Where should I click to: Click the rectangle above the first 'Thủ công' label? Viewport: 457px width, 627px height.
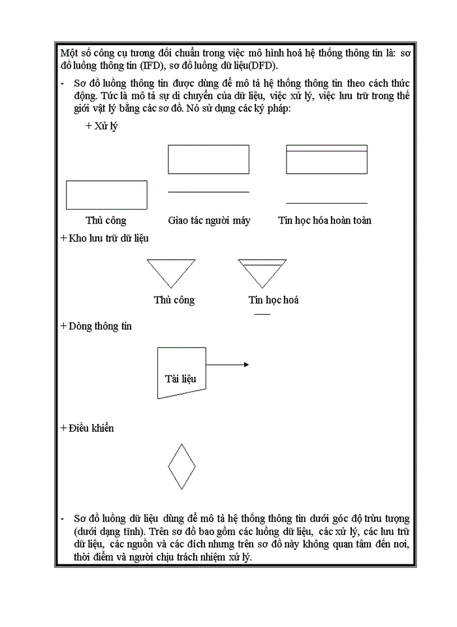pos(106,195)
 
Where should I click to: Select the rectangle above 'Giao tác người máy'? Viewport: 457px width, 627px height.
pos(208,159)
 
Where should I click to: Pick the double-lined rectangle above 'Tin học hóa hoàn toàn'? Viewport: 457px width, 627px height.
pos(326,159)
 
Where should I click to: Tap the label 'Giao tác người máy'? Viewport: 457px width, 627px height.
pos(209,221)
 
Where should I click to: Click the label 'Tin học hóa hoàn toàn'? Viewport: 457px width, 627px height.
pos(324,221)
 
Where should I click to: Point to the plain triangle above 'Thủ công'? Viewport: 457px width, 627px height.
pos(171,270)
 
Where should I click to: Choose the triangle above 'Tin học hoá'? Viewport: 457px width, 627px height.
pos(262,270)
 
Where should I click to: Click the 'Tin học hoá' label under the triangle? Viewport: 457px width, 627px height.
pos(274,300)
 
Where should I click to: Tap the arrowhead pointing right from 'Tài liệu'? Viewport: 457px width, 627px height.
pos(245,364)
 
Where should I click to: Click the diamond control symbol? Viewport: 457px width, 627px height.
pos(181,466)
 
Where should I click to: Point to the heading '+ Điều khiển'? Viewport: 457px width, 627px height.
pos(87,428)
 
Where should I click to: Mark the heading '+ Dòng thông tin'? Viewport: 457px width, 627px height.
pos(96,326)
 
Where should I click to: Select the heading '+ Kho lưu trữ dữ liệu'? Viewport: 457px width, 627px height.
pos(104,238)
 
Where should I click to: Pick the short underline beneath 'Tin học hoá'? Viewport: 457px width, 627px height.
pos(262,314)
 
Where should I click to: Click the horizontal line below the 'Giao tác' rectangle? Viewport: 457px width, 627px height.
pos(208,192)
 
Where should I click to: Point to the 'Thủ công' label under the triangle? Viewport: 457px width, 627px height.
pos(174,300)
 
